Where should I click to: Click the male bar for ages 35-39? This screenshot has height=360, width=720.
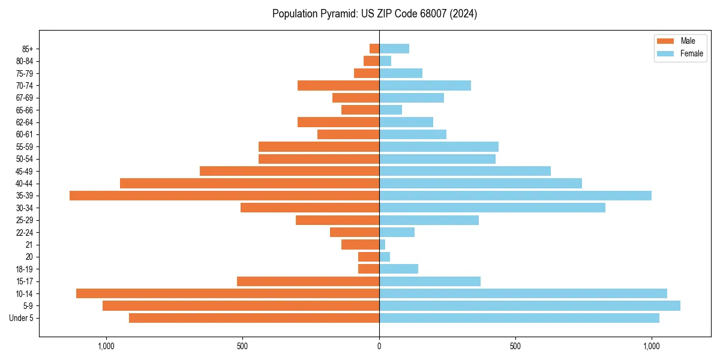coord(224,196)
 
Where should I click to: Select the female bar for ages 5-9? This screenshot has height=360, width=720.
coord(529,306)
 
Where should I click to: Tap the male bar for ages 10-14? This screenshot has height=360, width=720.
coord(227,293)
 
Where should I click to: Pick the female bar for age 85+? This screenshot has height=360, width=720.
coord(394,49)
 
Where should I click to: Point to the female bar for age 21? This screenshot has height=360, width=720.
coord(382,245)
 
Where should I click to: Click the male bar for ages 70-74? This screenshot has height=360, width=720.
coord(338,86)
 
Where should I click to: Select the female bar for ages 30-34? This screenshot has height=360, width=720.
coord(492,208)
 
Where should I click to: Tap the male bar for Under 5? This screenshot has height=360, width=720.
coord(254,318)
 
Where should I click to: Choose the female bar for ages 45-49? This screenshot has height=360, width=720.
coord(465,171)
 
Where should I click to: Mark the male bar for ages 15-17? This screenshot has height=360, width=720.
coord(308,281)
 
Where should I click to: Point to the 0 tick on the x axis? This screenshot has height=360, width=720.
coord(379,346)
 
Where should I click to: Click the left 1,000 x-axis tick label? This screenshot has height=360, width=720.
coord(106,346)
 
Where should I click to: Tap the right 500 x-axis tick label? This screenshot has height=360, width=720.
coord(515,346)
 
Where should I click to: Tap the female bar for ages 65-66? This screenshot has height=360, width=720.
coord(391,110)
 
